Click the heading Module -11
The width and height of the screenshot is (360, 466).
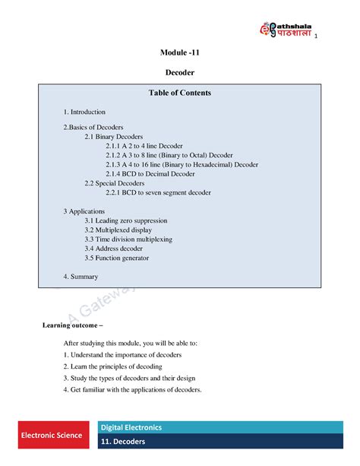tap(180, 52)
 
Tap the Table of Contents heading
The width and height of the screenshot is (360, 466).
tap(180, 93)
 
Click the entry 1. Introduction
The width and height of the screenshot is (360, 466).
tap(84, 112)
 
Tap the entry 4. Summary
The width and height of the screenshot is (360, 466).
tap(81, 277)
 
